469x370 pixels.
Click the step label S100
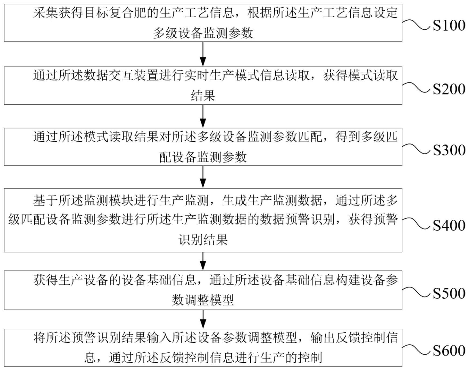pyautogui.click(x=449, y=26)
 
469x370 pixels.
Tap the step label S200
pyautogui.click(x=449, y=89)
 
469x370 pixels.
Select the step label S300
pyautogui.click(x=449, y=150)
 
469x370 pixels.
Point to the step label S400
pyautogui.click(x=449, y=226)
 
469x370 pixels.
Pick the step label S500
pyautogui.click(x=449, y=293)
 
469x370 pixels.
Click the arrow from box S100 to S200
pyautogui.click(x=203, y=54)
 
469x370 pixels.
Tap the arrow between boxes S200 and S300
pyautogui.click(x=203, y=116)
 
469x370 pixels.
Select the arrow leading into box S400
pyautogui.click(x=203, y=177)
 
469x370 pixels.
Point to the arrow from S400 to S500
pyautogui.click(x=203, y=261)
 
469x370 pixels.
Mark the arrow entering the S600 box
pyautogui.click(x=203, y=319)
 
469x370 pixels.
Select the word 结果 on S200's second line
pyautogui.click(x=203, y=96)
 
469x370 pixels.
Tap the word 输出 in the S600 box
pyautogui.click(x=323, y=338)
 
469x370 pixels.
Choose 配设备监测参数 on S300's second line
pyautogui.click(x=203, y=157)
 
